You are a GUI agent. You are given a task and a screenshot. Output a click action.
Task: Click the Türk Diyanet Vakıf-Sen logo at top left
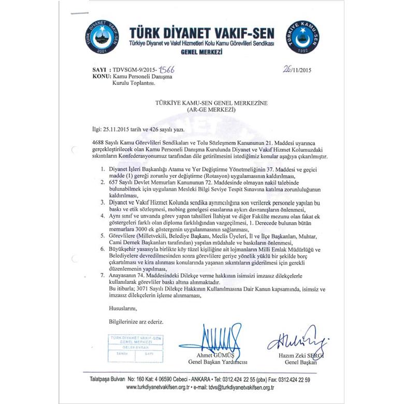coord(105,39)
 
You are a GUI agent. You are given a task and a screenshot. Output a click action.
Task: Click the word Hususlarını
coord(118,308)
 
